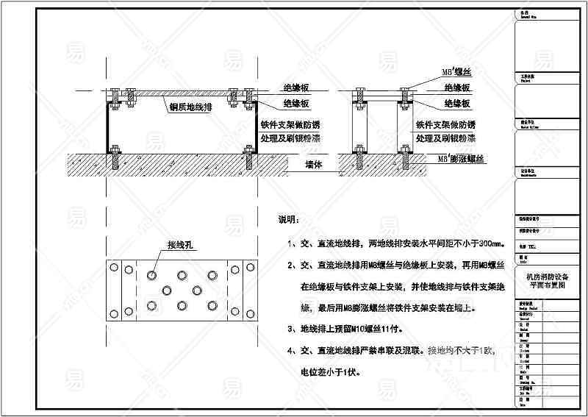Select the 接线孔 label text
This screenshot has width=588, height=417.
point(179,245)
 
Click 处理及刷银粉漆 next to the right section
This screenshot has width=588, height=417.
point(446,138)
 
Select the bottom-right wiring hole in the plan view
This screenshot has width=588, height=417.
point(212,305)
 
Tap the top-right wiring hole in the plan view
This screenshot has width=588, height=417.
point(212,276)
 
